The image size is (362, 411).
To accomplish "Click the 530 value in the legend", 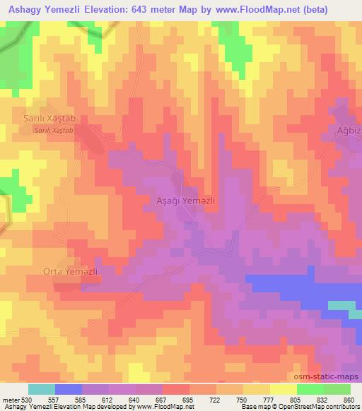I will tap(26, 400).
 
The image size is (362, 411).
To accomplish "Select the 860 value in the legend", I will tap(348, 400).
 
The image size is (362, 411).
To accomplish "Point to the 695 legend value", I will tap(187, 400).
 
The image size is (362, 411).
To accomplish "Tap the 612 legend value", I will tap(106, 400).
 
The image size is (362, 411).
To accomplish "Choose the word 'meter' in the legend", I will tap(9, 400).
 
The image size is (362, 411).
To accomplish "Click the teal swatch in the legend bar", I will tap(42, 389).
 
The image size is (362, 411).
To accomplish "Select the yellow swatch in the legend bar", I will tap(283, 389).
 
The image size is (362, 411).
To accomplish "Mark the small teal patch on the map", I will tap(344, 304).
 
